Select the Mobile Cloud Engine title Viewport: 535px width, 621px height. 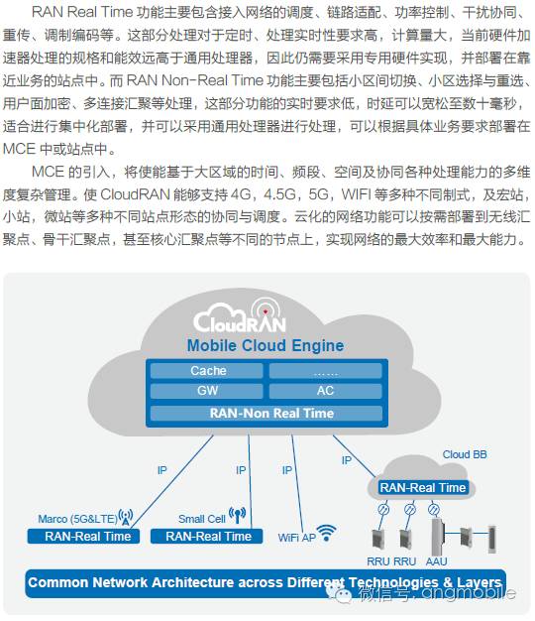pos(266,346)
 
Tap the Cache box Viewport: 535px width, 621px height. pos(208,371)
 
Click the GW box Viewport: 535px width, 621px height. pos(208,391)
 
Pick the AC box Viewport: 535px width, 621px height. pos(325,391)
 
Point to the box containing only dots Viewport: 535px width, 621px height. pos(325,371)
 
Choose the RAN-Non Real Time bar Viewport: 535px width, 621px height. pos(266,413)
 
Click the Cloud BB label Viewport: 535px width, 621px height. pos(465,454)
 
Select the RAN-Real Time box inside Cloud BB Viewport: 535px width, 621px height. pos(423,487)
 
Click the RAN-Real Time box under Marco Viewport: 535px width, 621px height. pos(87,536)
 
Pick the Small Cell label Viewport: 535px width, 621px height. pos(202,518)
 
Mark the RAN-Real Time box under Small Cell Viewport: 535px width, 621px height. pos(208,536)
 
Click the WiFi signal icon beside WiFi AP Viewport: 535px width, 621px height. pos(327,533)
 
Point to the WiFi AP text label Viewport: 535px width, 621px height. pos(296,537)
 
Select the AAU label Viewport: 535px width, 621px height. pos(435,560)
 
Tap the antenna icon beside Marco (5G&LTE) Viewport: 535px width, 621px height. pos(125,516)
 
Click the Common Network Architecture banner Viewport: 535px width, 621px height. pos(266,582)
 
